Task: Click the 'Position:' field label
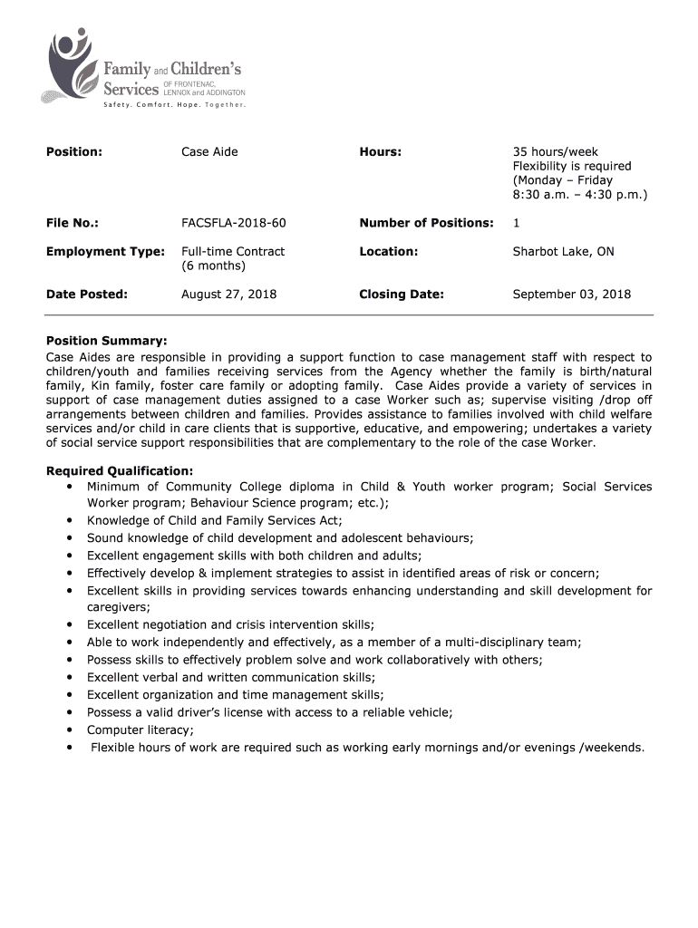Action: pos(74,152)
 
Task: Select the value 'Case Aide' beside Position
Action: pos(209,152)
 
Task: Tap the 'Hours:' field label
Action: pos(380,152)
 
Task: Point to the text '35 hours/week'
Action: pos(556,152)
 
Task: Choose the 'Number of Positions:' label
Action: pos(426,223)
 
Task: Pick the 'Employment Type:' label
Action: pos(105,252)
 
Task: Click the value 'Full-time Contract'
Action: pos(233,252)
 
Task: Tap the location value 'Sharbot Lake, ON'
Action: pos(563,252)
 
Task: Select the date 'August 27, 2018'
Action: pos(229,295)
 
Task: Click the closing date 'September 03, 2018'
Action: pos(572,295)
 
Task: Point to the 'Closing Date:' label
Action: pos(402,295)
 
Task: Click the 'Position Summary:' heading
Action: pos(107,341)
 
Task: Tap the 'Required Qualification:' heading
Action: pos(120,471)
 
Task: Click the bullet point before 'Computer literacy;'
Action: pos(70,730)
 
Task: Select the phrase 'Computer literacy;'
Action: pos(141,730)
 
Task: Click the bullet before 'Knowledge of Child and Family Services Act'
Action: pos(70,521)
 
